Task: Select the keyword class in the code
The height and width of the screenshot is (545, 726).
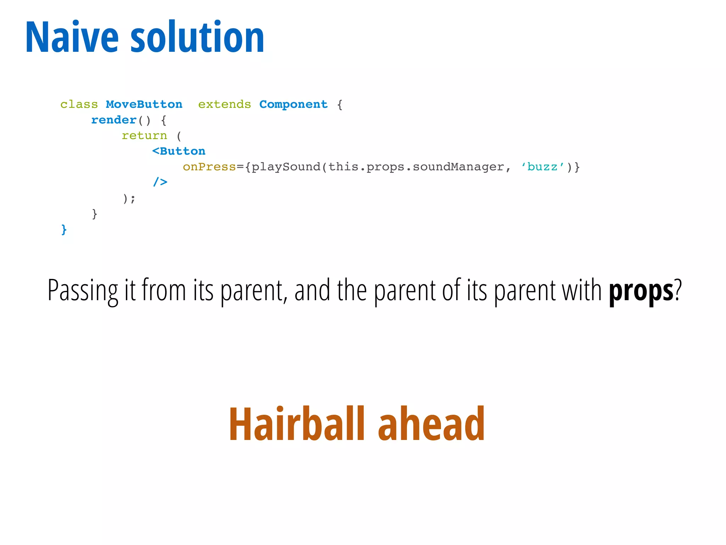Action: [x=79, y=104]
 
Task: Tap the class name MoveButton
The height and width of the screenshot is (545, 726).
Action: [x=144, y=104]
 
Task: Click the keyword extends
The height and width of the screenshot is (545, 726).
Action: [x=224, y=104]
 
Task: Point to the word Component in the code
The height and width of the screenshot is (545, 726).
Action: [x=293, y=104]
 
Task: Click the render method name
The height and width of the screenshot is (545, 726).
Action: [x=114, y=120]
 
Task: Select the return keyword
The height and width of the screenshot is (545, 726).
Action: [x=144, y=136]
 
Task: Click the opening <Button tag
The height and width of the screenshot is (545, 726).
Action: [x=179, y=151]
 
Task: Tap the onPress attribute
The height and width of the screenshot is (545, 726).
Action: [x=209, y=167]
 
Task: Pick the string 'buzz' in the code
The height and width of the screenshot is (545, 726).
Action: [x=542, y=167]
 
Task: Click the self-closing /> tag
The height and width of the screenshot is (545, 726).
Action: [x=160, y=182]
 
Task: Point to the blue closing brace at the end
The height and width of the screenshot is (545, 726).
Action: [x=64, y=230]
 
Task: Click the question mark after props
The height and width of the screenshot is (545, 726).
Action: [x=678, y=290]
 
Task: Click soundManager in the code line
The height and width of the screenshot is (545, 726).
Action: [x=458, y=167]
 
